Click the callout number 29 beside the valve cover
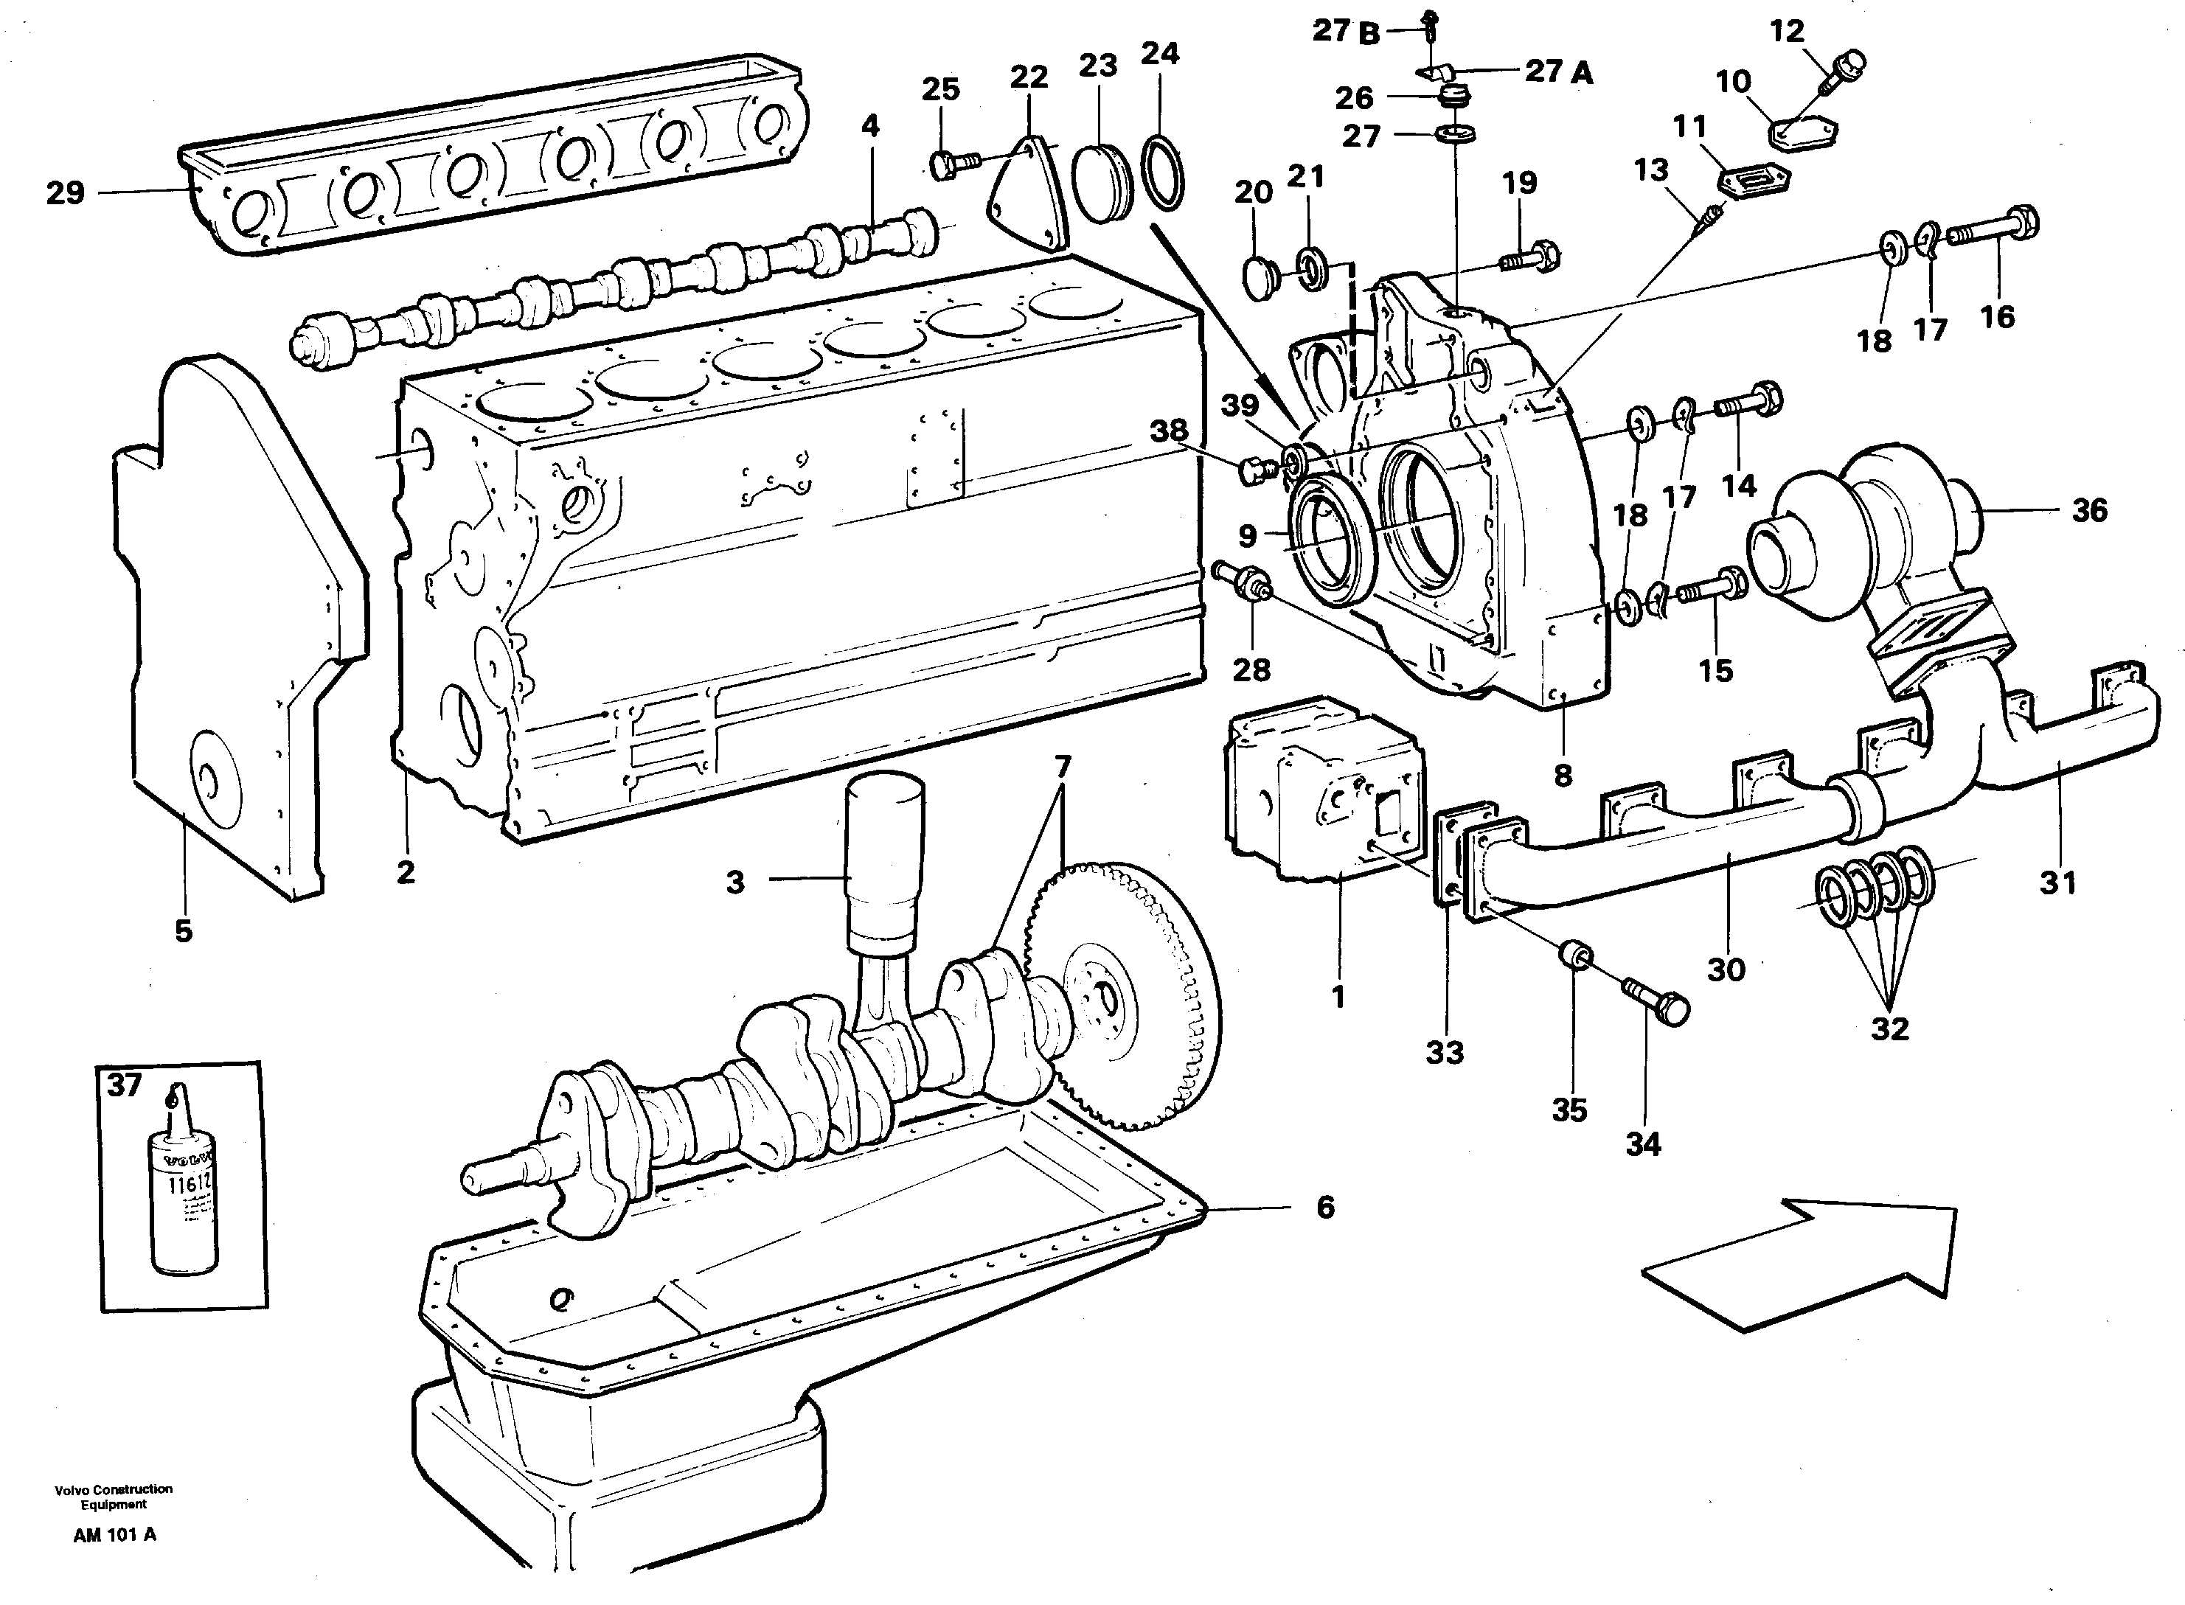[x=65, y=193]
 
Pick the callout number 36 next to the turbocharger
[x=2089, y=510]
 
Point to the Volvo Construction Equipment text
[x=114, y=1496]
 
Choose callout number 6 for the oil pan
[x=1325, y=1208]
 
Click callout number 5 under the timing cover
[x=184, y=930]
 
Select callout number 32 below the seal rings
[x=1889, y=1029]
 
